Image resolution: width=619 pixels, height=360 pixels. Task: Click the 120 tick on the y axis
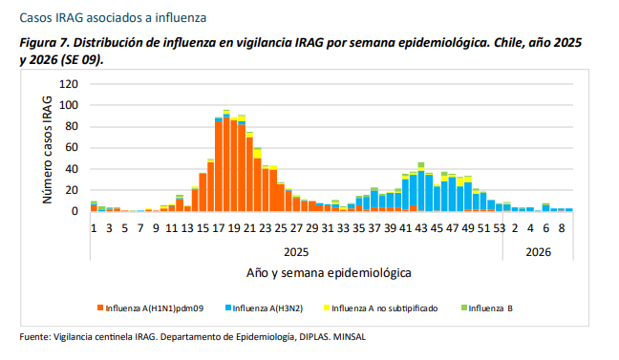coord(68,84)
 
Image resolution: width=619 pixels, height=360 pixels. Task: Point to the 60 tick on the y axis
coord(72,148)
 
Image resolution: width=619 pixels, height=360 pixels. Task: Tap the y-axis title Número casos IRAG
coord(47,150)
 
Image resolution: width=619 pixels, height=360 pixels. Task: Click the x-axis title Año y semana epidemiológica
coord(329,273)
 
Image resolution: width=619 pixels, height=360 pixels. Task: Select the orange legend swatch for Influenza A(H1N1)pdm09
coord(100,307)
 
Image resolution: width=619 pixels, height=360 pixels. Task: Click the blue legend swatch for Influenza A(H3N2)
coord(227,307)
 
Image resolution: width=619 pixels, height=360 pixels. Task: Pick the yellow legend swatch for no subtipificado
coord(327,307)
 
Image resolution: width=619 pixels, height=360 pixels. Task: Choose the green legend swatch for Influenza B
coord(464,307)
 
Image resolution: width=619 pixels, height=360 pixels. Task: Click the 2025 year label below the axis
coord(296,252)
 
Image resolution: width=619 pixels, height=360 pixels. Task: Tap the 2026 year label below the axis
coord(538,252)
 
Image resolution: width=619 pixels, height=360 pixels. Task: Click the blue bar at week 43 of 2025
coord(421,191)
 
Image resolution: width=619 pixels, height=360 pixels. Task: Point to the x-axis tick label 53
coord(500,228)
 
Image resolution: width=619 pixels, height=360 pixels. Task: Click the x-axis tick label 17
coord(219,228)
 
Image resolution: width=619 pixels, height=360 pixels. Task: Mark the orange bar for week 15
coord(203,193)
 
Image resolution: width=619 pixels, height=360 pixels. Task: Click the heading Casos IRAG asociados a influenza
coord(113,18)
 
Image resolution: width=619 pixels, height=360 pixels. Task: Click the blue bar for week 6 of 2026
coord(546,208)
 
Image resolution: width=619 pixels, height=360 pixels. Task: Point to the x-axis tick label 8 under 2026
coord(562,228)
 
